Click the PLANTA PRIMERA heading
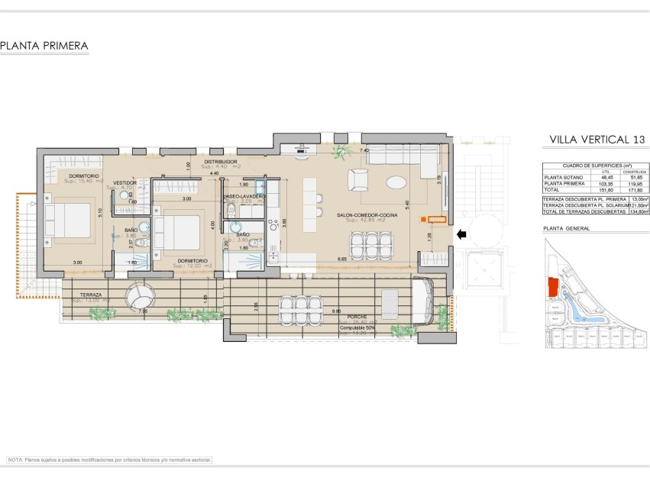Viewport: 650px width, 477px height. coord(44,47)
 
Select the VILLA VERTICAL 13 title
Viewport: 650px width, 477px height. coord(597,140)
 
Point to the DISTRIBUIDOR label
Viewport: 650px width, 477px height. coord(220,163)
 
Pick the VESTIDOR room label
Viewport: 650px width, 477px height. coord(125,183)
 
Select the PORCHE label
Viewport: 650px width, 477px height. coord(356,317)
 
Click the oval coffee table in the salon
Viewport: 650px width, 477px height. coord(396,182)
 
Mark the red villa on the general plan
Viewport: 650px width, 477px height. coord(552,288)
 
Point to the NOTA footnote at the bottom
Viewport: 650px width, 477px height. coord(108,460)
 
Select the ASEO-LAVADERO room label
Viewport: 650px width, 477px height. coord(244,197)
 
